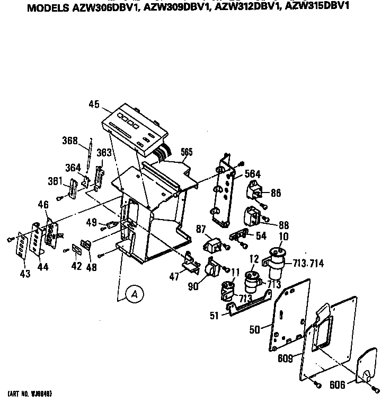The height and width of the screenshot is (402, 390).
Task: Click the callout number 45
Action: coord(94,104)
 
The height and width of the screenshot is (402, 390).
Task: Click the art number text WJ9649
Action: coord(41,395)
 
